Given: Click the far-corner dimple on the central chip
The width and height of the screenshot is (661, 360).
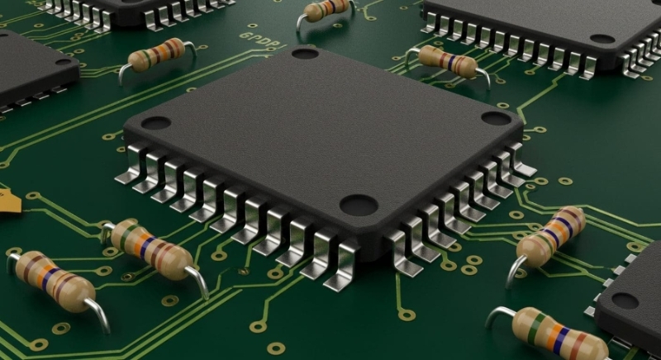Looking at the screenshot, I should [305, 54].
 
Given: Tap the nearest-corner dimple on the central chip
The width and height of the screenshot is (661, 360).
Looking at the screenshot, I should [359, 204].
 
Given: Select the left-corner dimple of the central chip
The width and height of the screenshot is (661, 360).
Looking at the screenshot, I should [155, 123].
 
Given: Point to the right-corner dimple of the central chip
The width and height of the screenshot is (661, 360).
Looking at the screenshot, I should [497, 118].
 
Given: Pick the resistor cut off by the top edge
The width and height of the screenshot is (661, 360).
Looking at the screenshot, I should [326, 9].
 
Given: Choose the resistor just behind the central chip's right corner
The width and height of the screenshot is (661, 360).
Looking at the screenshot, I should [447, 61].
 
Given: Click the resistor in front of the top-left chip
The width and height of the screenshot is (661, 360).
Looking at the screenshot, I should [157, 54].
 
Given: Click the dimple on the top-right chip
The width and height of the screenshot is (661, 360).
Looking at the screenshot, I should [602, 39].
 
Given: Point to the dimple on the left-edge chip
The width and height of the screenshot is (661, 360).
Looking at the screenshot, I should [64, 61].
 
